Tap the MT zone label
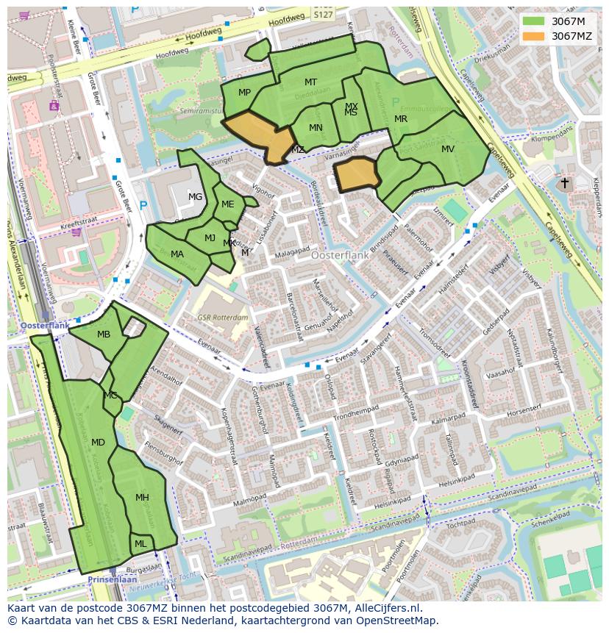click(x=311, y=82)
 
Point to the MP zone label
click(x=245, y=92)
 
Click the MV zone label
click(x=448, y=149)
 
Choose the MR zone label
click(x=401, y=119)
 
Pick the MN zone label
click(x=316, y=128)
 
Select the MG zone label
click(x=195, y=197)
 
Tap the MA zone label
click(x=177, y=254)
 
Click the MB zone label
click(x=104, y=335)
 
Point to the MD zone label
click(x=98, y=443)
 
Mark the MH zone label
click(x=142, y=498)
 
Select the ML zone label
click(x=140, y=544)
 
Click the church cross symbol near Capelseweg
click(x=564, y=183)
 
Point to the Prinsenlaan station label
click(x=109, y=579)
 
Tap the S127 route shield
click(x=322, y=14)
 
